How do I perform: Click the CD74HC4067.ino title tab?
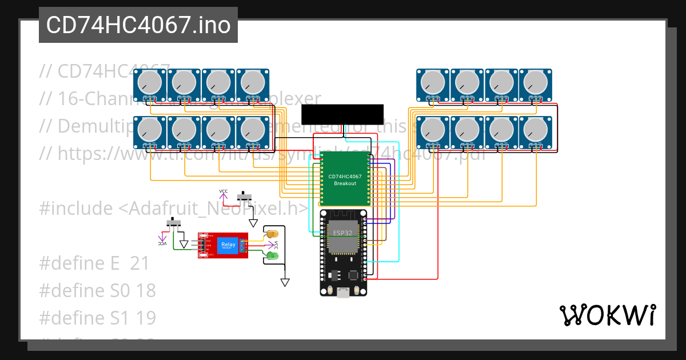tap(138, 25)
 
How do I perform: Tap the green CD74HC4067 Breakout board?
tap(345, 179)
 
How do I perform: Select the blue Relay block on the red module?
tap(228, 245)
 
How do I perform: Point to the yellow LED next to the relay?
tap(272, 234)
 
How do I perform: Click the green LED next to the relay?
tap(273, 255)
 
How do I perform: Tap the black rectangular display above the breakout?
tap(342, 114)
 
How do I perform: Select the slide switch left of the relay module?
tap(174, 222)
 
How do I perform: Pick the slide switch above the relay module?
tap(245, 198)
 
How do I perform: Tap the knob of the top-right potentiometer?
tap(536, 82)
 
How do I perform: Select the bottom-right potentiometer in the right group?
tap(536, 130)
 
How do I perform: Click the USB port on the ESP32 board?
tap(343, 293)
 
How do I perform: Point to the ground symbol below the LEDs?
tap(285, 282)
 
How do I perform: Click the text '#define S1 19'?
tap(97, 318)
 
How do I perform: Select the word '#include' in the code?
tap(75, 209)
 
